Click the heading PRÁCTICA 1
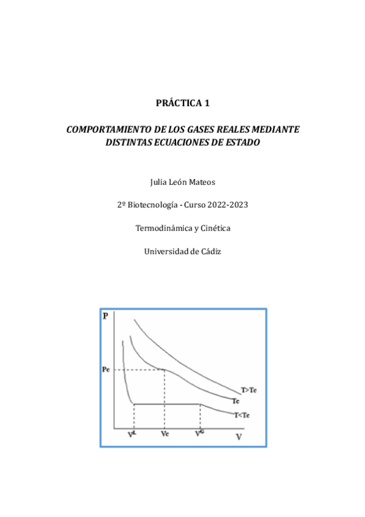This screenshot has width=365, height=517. point(182,103)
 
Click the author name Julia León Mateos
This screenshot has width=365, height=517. point(182,182)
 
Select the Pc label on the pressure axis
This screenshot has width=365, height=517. point(105,369)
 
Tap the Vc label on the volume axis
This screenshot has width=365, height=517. point(165,434)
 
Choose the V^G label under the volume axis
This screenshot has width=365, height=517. point(200,433)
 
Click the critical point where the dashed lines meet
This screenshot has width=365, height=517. point(164,369)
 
